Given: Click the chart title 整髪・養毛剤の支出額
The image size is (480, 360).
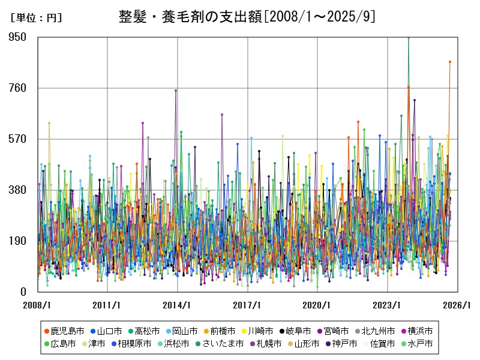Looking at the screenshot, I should pyautogui.click(x=248, y=16).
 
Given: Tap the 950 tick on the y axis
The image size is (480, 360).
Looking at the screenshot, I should pyautogui.click(x=18, y=37).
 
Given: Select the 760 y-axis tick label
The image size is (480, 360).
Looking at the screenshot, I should pyautogui.click(x=18, y=88).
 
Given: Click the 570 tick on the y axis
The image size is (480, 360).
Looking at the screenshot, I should pyautogui.click(x=18, y=139).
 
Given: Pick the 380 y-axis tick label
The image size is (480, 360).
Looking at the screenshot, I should pyautogui.click(x=18, y=190).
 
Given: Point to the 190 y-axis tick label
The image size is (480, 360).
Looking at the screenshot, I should pyautogui.click(x=18, y=241).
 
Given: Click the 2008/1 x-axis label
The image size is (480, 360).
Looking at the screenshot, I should pyautogui.click(x=37, y=305).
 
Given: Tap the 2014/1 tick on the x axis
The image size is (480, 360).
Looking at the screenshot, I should pyautogui.click(x=178, y=305).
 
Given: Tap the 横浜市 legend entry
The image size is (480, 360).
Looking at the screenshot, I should pyautogui.click(x=416, y=331).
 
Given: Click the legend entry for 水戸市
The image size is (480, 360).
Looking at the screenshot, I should pyautogui.click(x=416, y=344).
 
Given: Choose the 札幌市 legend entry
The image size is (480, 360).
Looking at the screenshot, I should pyautogui.click(x=266, y=344).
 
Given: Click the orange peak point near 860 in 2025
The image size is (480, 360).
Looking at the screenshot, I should pyautogui.click(x=450, y=62).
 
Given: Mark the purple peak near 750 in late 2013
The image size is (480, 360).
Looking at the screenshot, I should pyautogui.click(x=176, y=91).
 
